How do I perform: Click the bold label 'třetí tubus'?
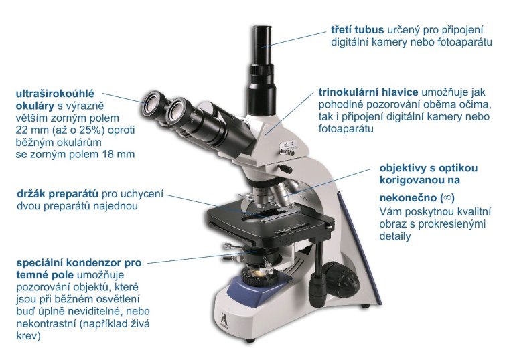point(357,30)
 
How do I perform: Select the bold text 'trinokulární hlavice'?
point(368,92)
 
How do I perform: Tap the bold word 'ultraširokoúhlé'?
point(55,94)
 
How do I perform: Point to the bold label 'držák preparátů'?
point(58,194)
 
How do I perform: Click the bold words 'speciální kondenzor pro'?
point(79,262)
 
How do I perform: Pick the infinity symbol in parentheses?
point(447,197)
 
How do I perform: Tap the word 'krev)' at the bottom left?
point(28,336)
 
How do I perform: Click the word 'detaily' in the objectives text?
point(395,236)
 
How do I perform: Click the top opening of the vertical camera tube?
point(263,28)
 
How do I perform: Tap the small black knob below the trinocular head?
point(286,169)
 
